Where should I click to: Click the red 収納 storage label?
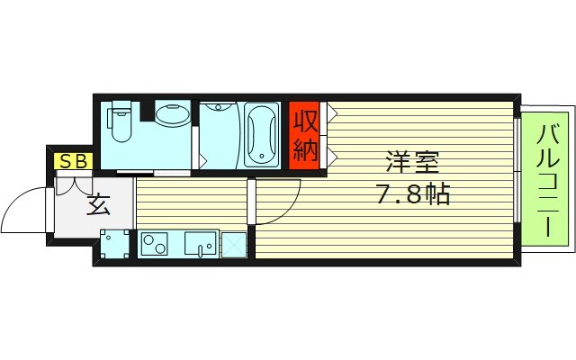305,135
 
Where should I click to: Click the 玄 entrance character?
99,206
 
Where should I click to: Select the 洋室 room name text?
411,164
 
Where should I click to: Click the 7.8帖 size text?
411,193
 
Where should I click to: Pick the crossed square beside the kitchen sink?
234,245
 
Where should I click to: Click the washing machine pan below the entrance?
114,245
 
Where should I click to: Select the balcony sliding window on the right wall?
518,171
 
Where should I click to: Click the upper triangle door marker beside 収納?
331,114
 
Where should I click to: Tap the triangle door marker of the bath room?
203,159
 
